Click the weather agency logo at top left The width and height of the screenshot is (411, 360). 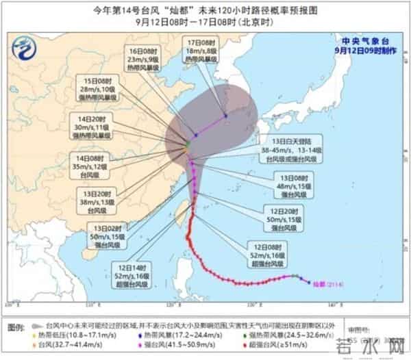coord(26,50)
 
